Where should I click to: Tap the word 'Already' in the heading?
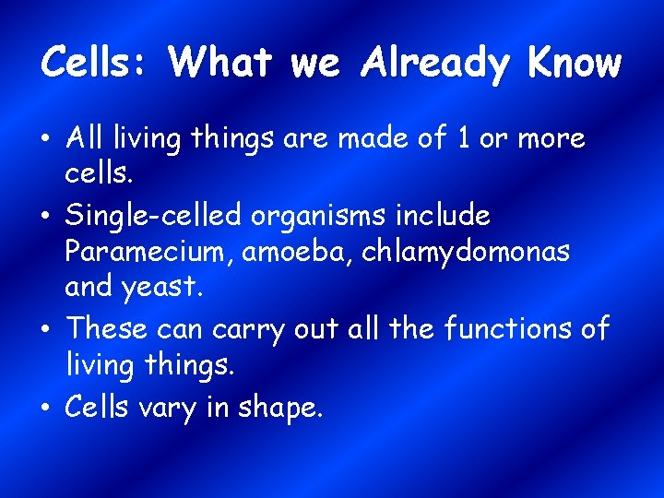click(x=436, y=63)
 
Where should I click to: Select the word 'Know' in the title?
click(x=575, y=63)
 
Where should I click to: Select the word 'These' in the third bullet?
click(x=106, y=327)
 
